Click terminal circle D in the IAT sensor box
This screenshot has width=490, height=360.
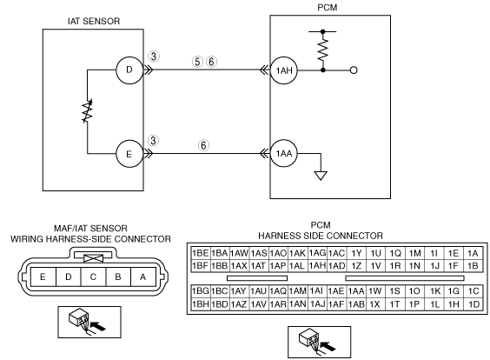129,70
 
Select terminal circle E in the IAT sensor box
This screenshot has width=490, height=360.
129,154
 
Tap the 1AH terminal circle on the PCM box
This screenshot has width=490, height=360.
284,70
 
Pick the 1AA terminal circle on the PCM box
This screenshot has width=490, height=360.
284,154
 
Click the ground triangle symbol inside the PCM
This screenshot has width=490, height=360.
321,176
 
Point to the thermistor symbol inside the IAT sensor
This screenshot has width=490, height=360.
87,111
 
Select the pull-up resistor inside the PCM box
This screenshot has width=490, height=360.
323,50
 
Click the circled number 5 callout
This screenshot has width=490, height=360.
197,62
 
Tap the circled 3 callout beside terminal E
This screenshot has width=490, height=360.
153,140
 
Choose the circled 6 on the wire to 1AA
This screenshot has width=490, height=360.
203,145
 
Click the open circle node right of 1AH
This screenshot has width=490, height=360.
354,70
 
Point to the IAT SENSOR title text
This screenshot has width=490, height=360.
94,21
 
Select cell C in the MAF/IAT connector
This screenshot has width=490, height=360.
93,277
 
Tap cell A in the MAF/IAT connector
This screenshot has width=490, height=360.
143,277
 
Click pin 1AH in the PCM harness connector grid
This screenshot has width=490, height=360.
317,265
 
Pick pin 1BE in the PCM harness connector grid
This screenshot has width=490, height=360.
201,253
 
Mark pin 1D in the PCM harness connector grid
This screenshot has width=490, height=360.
473,304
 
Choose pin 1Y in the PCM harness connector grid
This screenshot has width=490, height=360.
356,253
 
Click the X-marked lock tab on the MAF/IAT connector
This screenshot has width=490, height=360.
94,258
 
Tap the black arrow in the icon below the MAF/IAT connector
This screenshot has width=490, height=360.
98,327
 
